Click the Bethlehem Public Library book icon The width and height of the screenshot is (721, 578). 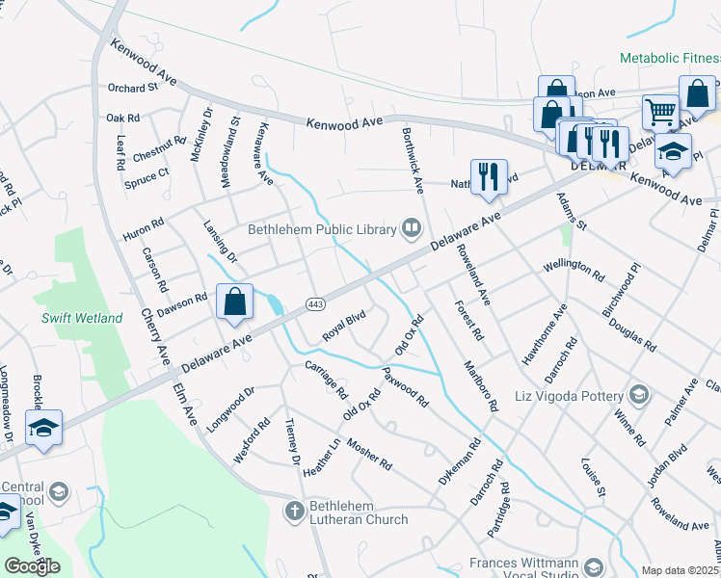tap(413, 228)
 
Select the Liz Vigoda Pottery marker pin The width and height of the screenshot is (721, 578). tap(638, 394)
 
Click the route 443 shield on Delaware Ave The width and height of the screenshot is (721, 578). tap(314, 304)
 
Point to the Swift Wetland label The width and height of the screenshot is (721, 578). tap(82, 318)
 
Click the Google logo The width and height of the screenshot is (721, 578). tap(32, 566)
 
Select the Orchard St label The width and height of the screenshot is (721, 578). tap(133, 88)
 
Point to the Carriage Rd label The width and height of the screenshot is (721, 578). tap(326, 380)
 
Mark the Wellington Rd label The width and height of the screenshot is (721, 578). tap(574, 269)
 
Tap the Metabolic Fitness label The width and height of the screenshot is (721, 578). tap(669, 59)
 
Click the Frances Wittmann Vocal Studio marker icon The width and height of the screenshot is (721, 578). tap(592, 564)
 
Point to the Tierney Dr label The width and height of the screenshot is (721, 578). tap(293, 441)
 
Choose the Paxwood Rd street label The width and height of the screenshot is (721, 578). tap(405, 385)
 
